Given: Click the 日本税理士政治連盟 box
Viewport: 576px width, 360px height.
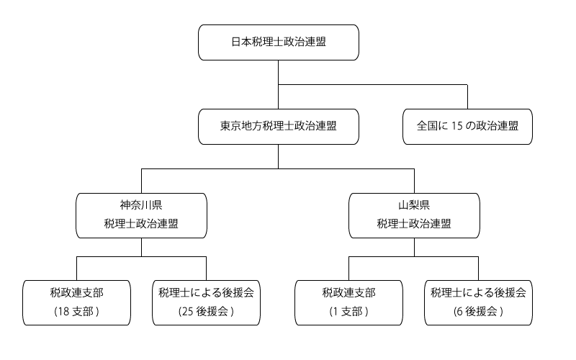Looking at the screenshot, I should (x=278, y=42).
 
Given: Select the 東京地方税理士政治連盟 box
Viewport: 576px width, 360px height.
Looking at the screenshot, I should (x=278, y=126).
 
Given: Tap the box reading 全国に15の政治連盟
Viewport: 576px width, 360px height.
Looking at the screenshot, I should (x=467, y=126).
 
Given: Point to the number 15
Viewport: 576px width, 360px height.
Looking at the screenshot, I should (x=457, y=126).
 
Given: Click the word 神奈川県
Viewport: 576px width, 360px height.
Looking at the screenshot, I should (x=141, y=205).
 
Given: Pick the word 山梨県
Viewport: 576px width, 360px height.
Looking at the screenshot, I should (x=414, y=205).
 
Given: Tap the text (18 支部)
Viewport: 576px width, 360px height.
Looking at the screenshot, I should (x=76, y=312).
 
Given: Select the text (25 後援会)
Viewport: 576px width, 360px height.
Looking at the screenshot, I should (x=206, y=312).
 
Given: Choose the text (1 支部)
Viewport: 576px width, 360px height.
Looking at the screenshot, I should (x=349, y=312).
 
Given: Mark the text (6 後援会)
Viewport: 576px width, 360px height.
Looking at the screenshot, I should (x=478, y=312).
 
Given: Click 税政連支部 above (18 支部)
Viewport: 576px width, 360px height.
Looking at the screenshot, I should (x=76, y=293).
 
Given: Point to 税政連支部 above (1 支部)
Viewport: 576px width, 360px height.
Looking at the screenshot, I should (x=349, y=293).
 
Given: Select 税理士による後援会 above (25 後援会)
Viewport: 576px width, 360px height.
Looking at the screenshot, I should (x=206, y=293).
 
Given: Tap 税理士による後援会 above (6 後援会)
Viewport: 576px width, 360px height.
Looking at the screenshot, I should (x=478, y=293).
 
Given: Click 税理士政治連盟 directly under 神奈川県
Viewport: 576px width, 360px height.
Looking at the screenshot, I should (x=141, y=224).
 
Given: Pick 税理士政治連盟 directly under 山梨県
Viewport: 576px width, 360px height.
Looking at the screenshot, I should (x=414, y=224).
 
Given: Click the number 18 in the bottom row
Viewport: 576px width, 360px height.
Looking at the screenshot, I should (x=63, y=312).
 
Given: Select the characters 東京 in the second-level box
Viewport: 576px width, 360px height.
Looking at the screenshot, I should (x=231, y=126).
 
